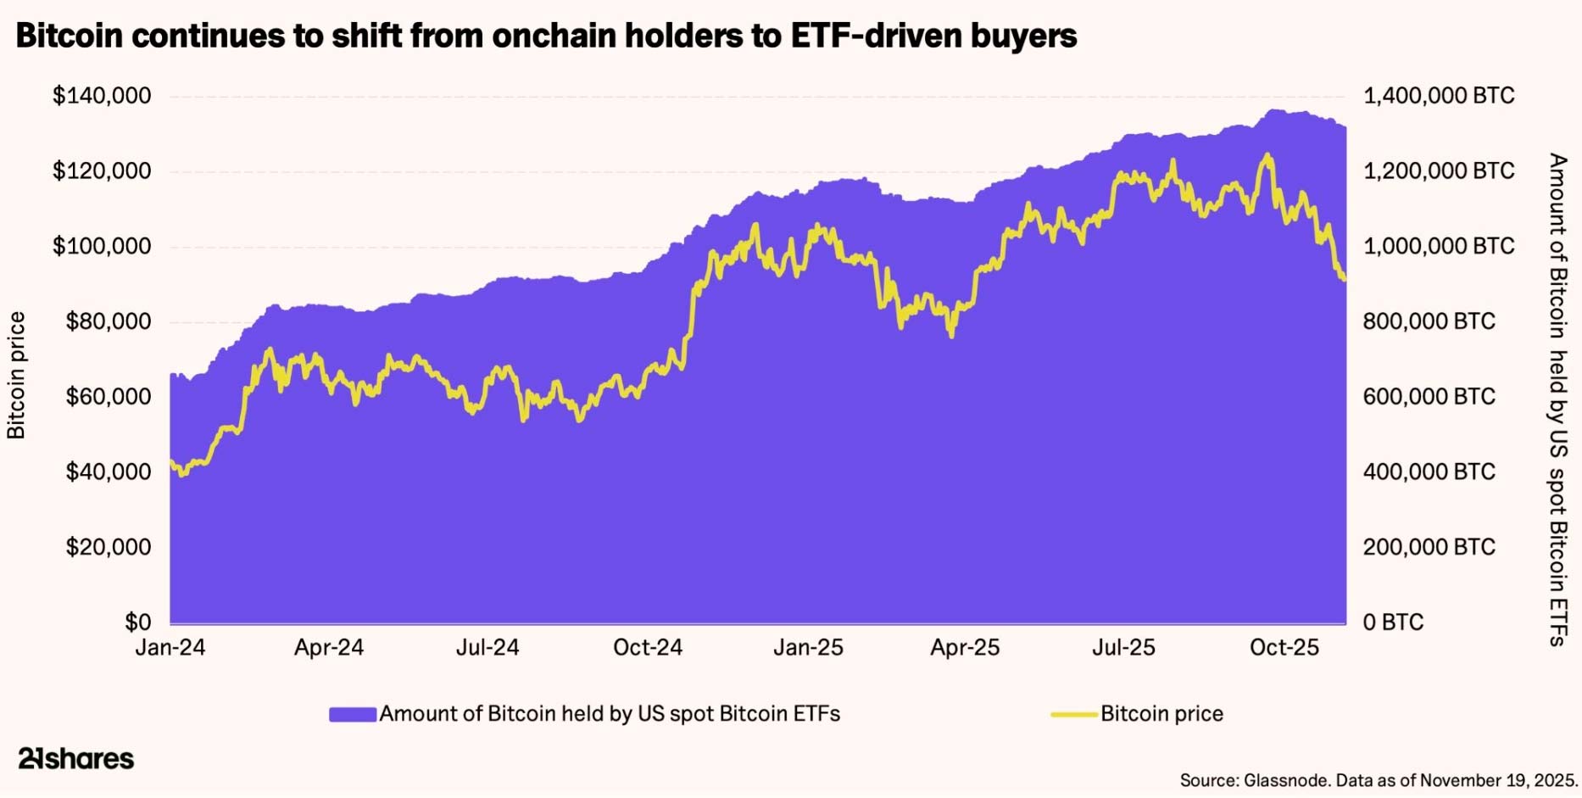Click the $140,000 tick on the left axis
[x=102, y=96]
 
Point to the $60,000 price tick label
[x=109, y=397]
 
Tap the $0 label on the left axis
[x=137, y=622]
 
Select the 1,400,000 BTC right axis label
[x=1438, y=96]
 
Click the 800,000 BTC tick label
[x=1429, y=321]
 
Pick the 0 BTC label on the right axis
[x=1393, y=622]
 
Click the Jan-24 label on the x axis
[x=170, y=648]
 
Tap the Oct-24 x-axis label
[x=648, y=648]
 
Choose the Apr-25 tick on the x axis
[x=965, y=648]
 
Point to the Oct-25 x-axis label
[x=1284, y=648]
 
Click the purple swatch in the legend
[x=352, y=714]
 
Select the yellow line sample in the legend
[x=1074, y=714]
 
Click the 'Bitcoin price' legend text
[x=1161, y=714]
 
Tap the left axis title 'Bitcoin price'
[x=17, y=376]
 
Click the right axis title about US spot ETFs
[x=1558, y=399]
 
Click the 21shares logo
[x=76, y=758]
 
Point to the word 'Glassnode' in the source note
[x=1285, y=780]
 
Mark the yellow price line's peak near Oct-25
[x=1267, y=155]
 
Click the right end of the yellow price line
[x=1345, y=278]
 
